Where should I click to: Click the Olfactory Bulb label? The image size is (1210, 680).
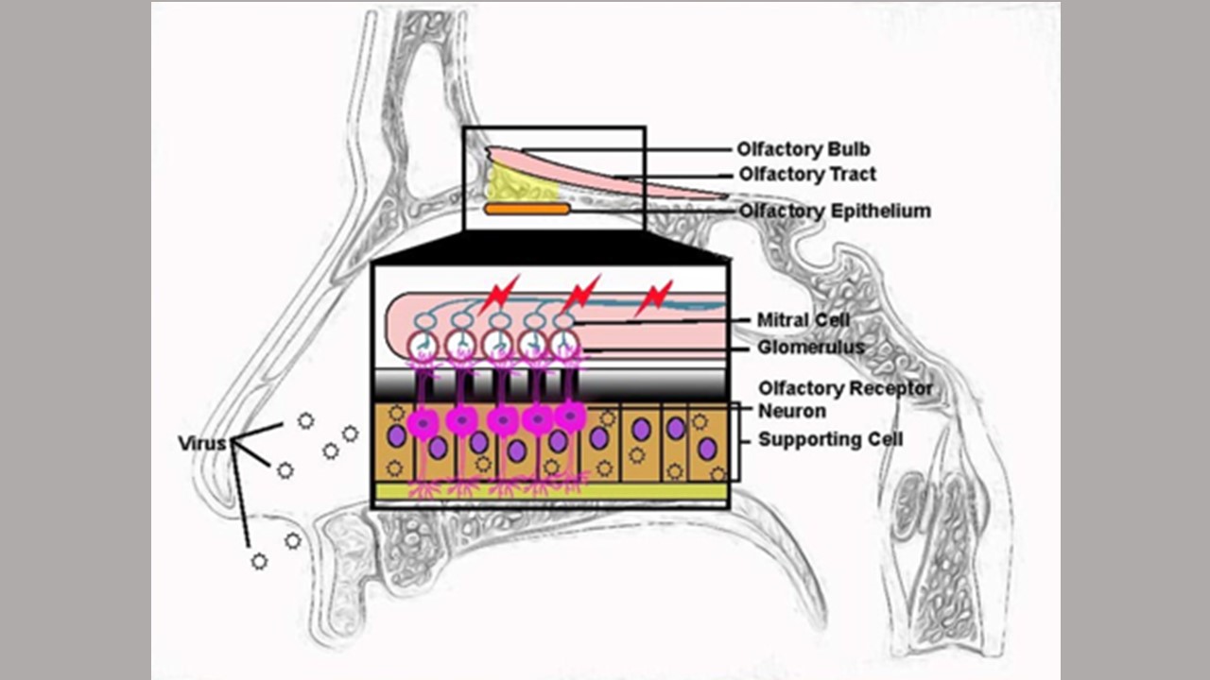click(804, 149)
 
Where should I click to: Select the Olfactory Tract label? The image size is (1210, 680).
click(807, 175)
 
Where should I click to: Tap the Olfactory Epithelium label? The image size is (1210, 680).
click(835, 211)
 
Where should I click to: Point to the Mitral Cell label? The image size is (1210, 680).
click(803, 320)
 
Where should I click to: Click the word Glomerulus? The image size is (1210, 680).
click(810, 348)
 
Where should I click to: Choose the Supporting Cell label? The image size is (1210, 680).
click(830, 439)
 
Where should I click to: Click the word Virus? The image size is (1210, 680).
click(202, 442)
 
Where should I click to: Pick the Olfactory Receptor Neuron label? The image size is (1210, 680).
click(844, 399)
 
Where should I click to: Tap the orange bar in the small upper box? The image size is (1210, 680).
click(527, 209)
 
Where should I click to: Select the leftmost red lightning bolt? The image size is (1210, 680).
click(498, 296)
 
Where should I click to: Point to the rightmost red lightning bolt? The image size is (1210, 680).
click(654, 297)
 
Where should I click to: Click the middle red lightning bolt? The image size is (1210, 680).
click(579, 294)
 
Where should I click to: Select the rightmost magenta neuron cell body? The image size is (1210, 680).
click(570, 416)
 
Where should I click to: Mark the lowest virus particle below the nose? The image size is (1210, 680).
click(259, 561)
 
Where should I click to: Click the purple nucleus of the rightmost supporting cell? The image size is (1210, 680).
click(706, 449)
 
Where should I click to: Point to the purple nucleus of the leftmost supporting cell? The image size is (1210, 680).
click(397, 436)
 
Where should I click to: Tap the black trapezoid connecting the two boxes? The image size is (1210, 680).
click(550, 247)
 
